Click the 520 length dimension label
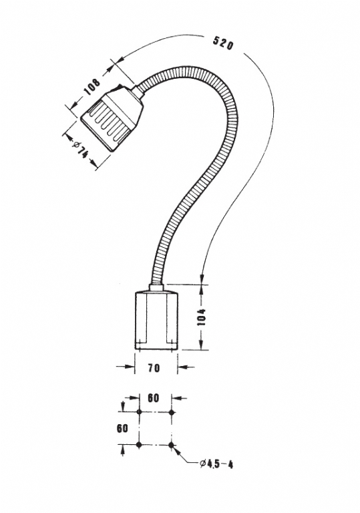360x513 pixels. pos(223,43)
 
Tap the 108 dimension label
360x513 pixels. pos(92,86)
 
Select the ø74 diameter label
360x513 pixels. pos(79,150)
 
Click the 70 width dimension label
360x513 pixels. pos(154,368)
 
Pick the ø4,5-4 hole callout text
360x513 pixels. pos(216,464)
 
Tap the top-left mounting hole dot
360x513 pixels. pos(139,412)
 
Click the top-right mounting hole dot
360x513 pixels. pos(171,412)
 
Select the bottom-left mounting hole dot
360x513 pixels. pos(139,445)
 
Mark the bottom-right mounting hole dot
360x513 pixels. pos(171,445)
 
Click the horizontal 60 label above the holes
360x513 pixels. pos(153,398)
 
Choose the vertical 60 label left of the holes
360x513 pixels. pos(122,428)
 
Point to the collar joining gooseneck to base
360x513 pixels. pos(156,287)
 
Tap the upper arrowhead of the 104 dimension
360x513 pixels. pos(201,289)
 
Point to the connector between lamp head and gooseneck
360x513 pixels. pos(137,92)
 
